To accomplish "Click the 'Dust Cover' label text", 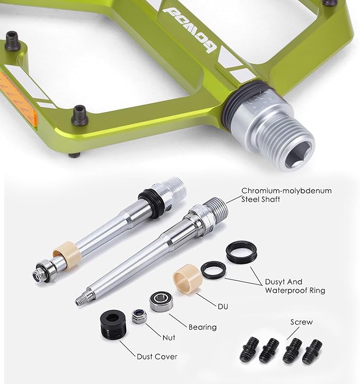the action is pos(157,356).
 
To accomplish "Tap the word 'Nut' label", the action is pos(169,338).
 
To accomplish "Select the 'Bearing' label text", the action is pos(203,327).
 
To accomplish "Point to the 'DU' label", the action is pos(223,307).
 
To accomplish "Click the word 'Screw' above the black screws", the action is pos(302,322).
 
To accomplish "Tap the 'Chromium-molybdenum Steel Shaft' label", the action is pos(286,195).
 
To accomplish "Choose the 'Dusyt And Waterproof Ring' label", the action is pos(295,286).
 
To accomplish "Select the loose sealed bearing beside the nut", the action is pos(161,301).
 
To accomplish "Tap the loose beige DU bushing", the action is pos(188,278).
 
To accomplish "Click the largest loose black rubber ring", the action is pos(242,252).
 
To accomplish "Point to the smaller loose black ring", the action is pos(214,269).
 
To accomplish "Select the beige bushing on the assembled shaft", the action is pos(67,254).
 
